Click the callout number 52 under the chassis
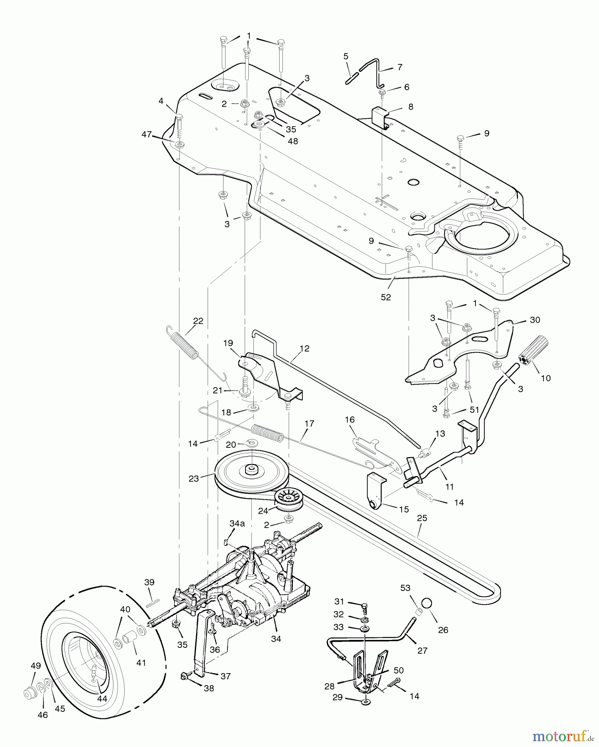click(386, 297)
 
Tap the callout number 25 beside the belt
click(422, 518)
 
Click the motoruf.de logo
click(563, 737)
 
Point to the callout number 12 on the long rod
click(304, 349)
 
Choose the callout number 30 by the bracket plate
click(535, 320)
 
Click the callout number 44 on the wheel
click(102, 698)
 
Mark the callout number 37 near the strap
click(225, 676)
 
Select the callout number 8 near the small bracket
click(410, 107)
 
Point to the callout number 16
click(350, 420)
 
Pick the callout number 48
click(292, 141)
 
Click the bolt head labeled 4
click(179, 116)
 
